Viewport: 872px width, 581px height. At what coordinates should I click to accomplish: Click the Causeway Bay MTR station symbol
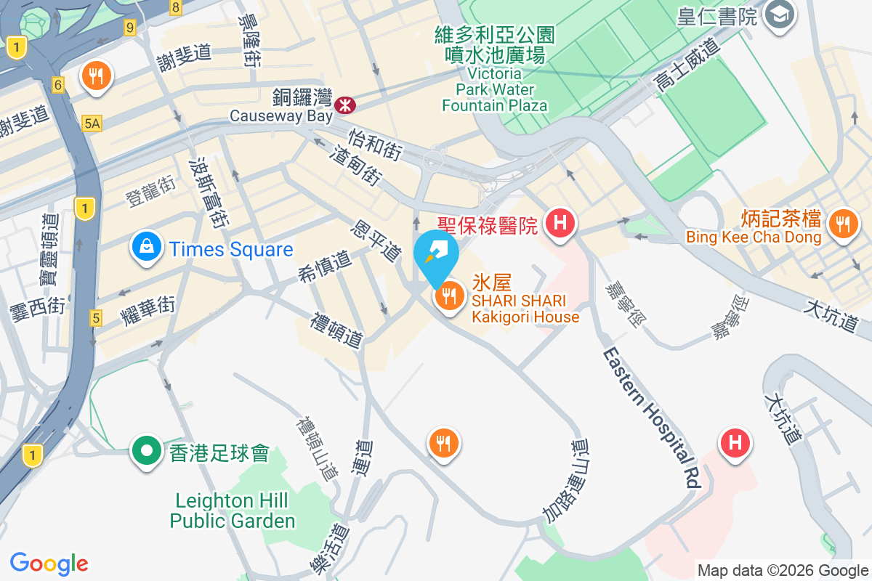click(345, 105)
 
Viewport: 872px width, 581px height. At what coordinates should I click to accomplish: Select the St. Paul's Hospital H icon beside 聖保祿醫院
click(560, 222)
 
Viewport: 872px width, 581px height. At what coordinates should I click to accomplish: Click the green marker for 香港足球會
click(147, 451)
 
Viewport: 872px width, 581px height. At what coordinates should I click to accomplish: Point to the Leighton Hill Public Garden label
click(233, 511)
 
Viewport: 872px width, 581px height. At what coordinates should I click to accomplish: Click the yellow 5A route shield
click(92, 124)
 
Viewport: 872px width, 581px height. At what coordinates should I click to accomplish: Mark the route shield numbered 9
click(130, 28)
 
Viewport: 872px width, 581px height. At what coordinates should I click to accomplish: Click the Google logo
click(49, 564)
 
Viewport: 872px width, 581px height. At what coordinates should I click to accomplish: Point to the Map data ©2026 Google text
click(783, 571)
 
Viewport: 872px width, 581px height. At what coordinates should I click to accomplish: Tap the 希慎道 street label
click(323, 266)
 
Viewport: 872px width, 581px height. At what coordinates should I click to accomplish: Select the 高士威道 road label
click(686, 65)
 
